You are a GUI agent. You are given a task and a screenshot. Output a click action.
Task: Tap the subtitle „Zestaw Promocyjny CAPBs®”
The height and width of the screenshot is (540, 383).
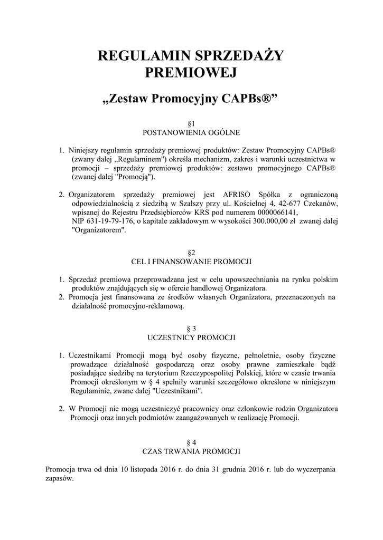click(x=191, y=99)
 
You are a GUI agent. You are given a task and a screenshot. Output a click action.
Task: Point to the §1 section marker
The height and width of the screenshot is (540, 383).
click(x=192, y=123)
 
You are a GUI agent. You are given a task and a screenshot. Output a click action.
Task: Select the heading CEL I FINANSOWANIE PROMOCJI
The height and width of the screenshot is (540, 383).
click(x=192, y=261)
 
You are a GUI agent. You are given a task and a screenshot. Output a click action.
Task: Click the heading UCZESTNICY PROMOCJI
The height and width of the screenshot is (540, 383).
click(x=192, y=336)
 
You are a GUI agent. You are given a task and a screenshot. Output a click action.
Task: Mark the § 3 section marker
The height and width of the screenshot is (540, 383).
click(x=192, y=328)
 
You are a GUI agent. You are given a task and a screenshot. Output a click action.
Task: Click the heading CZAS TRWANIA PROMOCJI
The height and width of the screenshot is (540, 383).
click(x=192, y=451)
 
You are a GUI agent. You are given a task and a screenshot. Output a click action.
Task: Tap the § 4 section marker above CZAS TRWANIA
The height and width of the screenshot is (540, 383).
click(x=192, y=443)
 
